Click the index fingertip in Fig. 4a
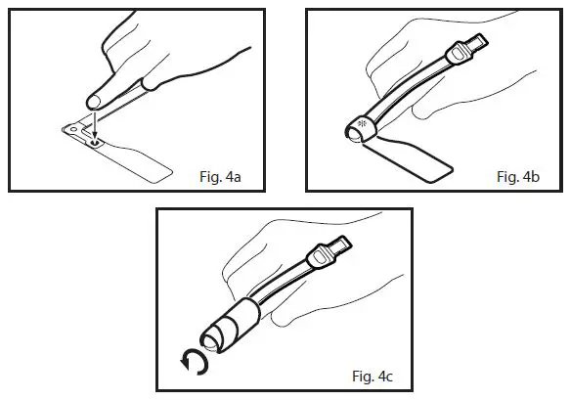coord(96,99)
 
